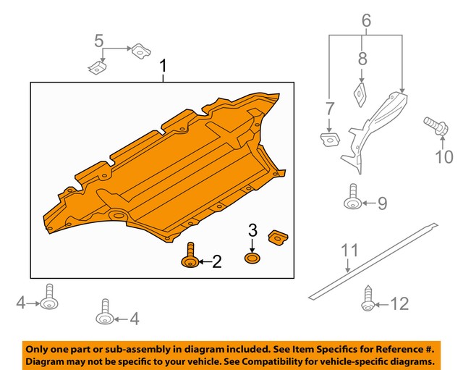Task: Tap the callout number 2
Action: pos(216,261)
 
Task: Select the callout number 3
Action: pos(252,231)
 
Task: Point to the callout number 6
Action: pos(366,22)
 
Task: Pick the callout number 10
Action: pos(443,156)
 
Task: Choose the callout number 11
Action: pos(349,251)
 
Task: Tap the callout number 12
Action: pos(400,304)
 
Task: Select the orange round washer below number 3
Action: pos(252,258)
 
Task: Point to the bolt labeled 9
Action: pos(354,197)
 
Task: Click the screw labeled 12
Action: pos(368,300)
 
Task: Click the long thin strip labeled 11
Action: pos(376,257)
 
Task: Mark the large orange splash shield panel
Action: pos(166,170)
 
